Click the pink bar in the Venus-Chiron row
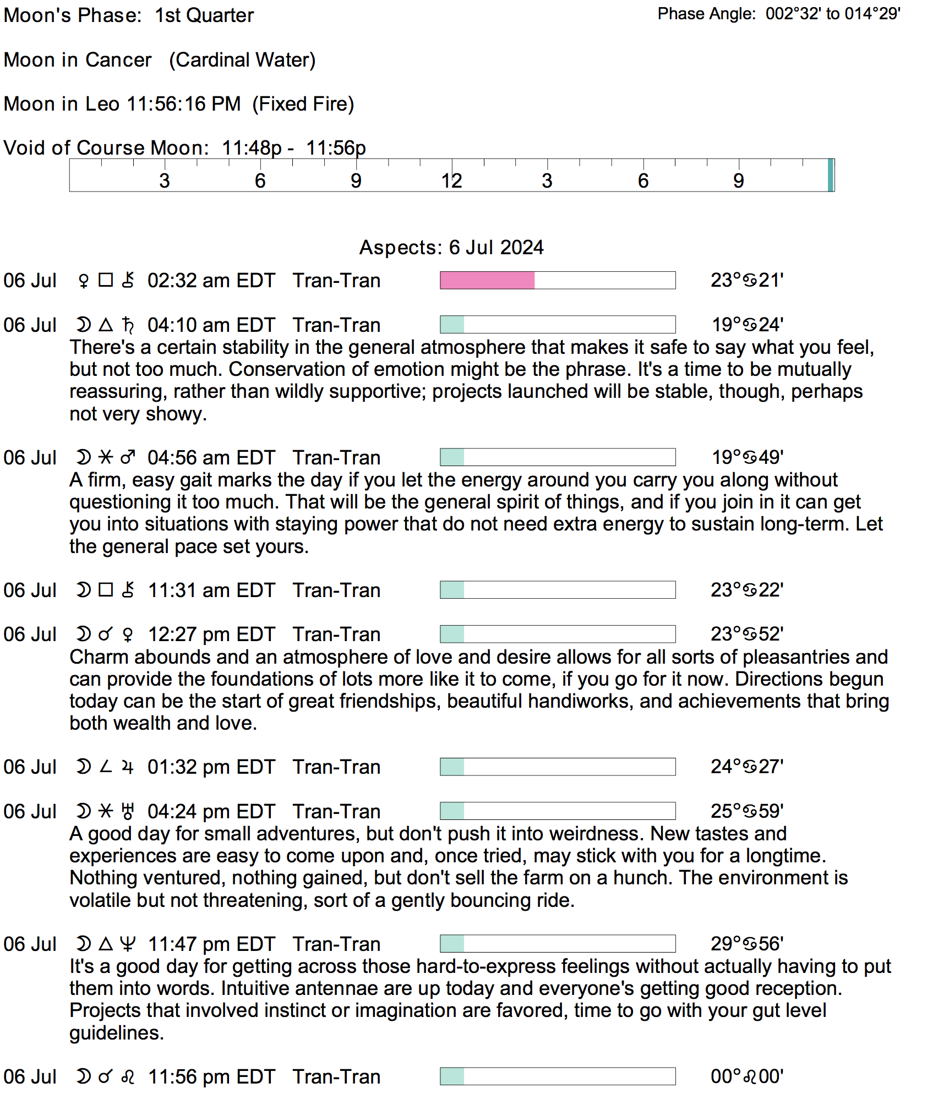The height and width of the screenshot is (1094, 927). [487, 280]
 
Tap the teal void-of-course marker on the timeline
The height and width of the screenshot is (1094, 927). [830, 175]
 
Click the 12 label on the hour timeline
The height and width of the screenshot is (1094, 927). [451, 181]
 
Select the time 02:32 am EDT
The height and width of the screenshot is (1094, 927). [211, 281]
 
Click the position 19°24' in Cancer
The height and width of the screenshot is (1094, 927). [747, 325]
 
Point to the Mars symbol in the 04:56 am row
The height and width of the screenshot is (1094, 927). [128, 457]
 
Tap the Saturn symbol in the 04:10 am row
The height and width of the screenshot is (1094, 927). [128, 325]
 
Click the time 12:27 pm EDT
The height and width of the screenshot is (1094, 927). [211, 634]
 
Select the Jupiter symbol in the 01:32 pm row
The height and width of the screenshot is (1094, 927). [128, 767]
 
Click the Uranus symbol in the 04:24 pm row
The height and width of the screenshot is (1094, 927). [128, 811]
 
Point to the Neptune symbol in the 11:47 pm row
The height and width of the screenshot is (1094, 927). [128, 944]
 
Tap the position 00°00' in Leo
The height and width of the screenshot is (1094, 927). [747, 1076]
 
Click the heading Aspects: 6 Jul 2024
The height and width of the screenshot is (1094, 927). [451, 248]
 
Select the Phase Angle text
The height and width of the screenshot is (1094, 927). [778, 14]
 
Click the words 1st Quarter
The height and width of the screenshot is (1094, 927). [204, 15]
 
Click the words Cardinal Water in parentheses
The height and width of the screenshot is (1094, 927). [242, 60]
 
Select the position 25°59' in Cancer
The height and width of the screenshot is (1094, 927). [747, 811]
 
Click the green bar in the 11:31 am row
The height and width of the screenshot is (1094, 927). [452, 590]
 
